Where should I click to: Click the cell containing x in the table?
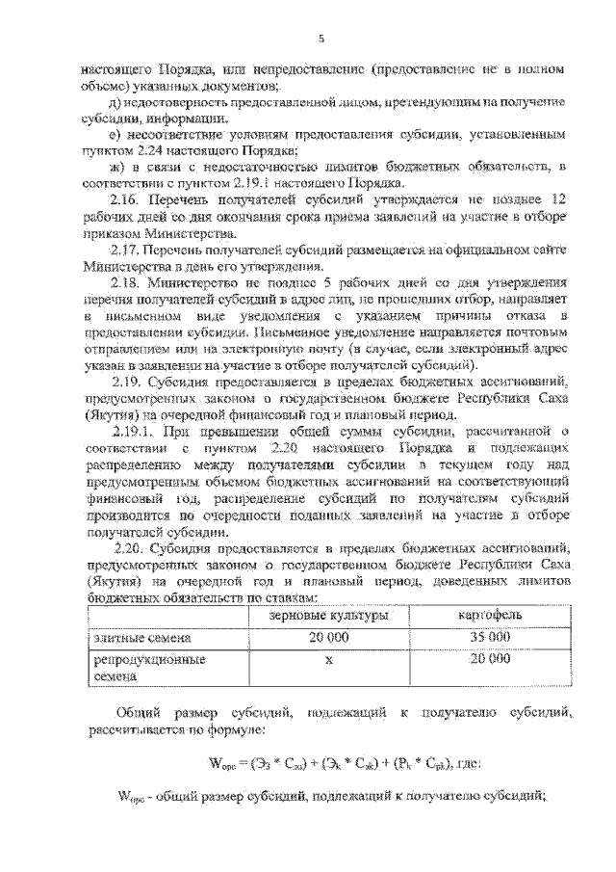[x=328, y=661]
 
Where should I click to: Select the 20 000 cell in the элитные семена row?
[x=328, y=638]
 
